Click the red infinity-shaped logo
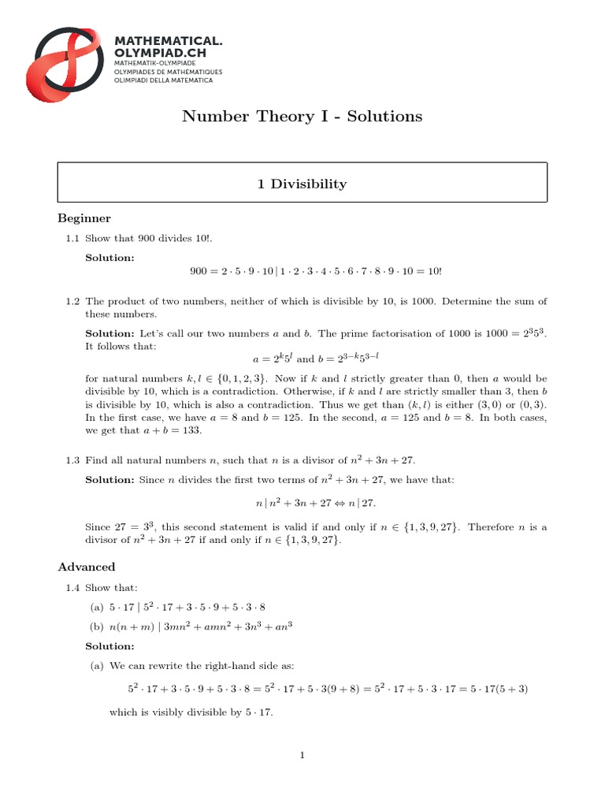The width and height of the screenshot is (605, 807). coord(68,59)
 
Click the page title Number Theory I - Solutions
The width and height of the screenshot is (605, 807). coord(302,117)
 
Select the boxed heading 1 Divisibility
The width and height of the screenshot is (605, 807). coord(302,184)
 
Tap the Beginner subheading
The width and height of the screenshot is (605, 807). coord(84,218)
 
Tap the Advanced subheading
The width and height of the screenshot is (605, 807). coord(87,567)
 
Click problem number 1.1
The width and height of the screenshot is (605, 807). coord(72,237)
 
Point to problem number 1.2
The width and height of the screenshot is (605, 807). coord(72,302)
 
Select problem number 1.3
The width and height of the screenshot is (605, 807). coord(72,459)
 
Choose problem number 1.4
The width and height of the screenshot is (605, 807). coord(72,587)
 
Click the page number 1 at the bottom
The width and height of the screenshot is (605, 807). coord(302,756)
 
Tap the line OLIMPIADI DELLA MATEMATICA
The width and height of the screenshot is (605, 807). coord(163,80)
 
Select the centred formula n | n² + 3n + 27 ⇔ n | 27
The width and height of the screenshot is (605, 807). coord(302,503)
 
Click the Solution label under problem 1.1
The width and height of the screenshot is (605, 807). coord(109,257)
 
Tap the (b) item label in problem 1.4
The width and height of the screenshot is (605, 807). coord(97,627)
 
